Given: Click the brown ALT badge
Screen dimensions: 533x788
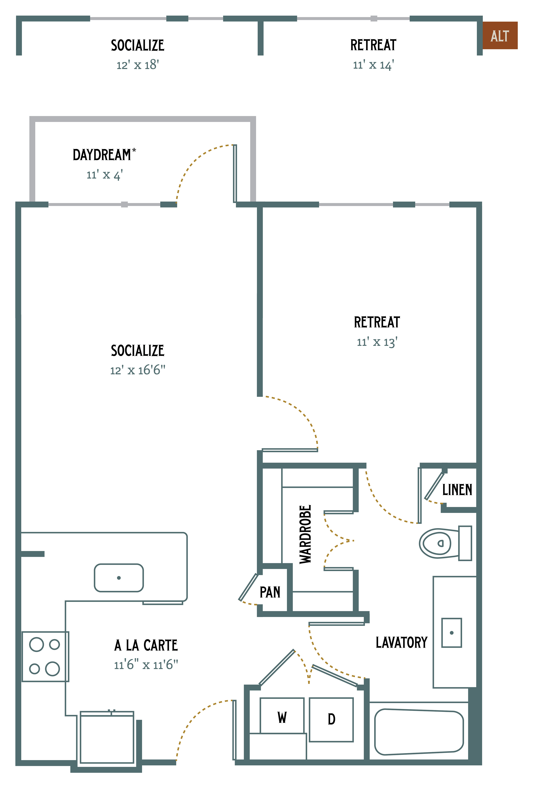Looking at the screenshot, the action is [x=500, y=35].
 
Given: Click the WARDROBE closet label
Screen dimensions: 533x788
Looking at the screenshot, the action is [x=305, y=534].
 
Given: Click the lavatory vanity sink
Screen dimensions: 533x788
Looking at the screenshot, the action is [x=451, y=633].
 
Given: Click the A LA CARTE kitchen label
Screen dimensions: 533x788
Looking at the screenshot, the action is [x=146, y=645].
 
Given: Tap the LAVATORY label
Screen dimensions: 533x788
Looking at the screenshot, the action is [x=402, y=642].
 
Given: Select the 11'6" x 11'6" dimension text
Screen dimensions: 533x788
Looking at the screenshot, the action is [x=146, y=665].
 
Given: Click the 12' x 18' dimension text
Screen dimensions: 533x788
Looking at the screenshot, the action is [x=138, y=65].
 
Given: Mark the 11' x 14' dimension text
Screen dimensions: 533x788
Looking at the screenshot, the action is [x=373, y=65].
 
